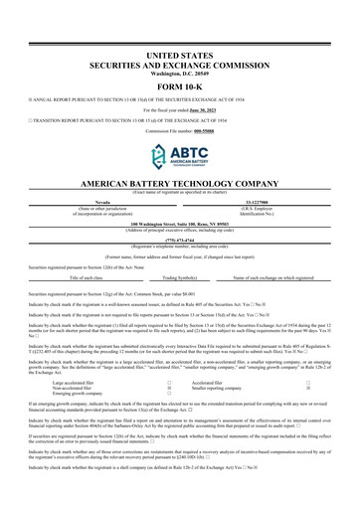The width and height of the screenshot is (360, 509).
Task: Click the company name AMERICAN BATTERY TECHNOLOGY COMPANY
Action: [179, 186]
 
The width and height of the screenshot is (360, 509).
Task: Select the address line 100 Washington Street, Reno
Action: [179, 223]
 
